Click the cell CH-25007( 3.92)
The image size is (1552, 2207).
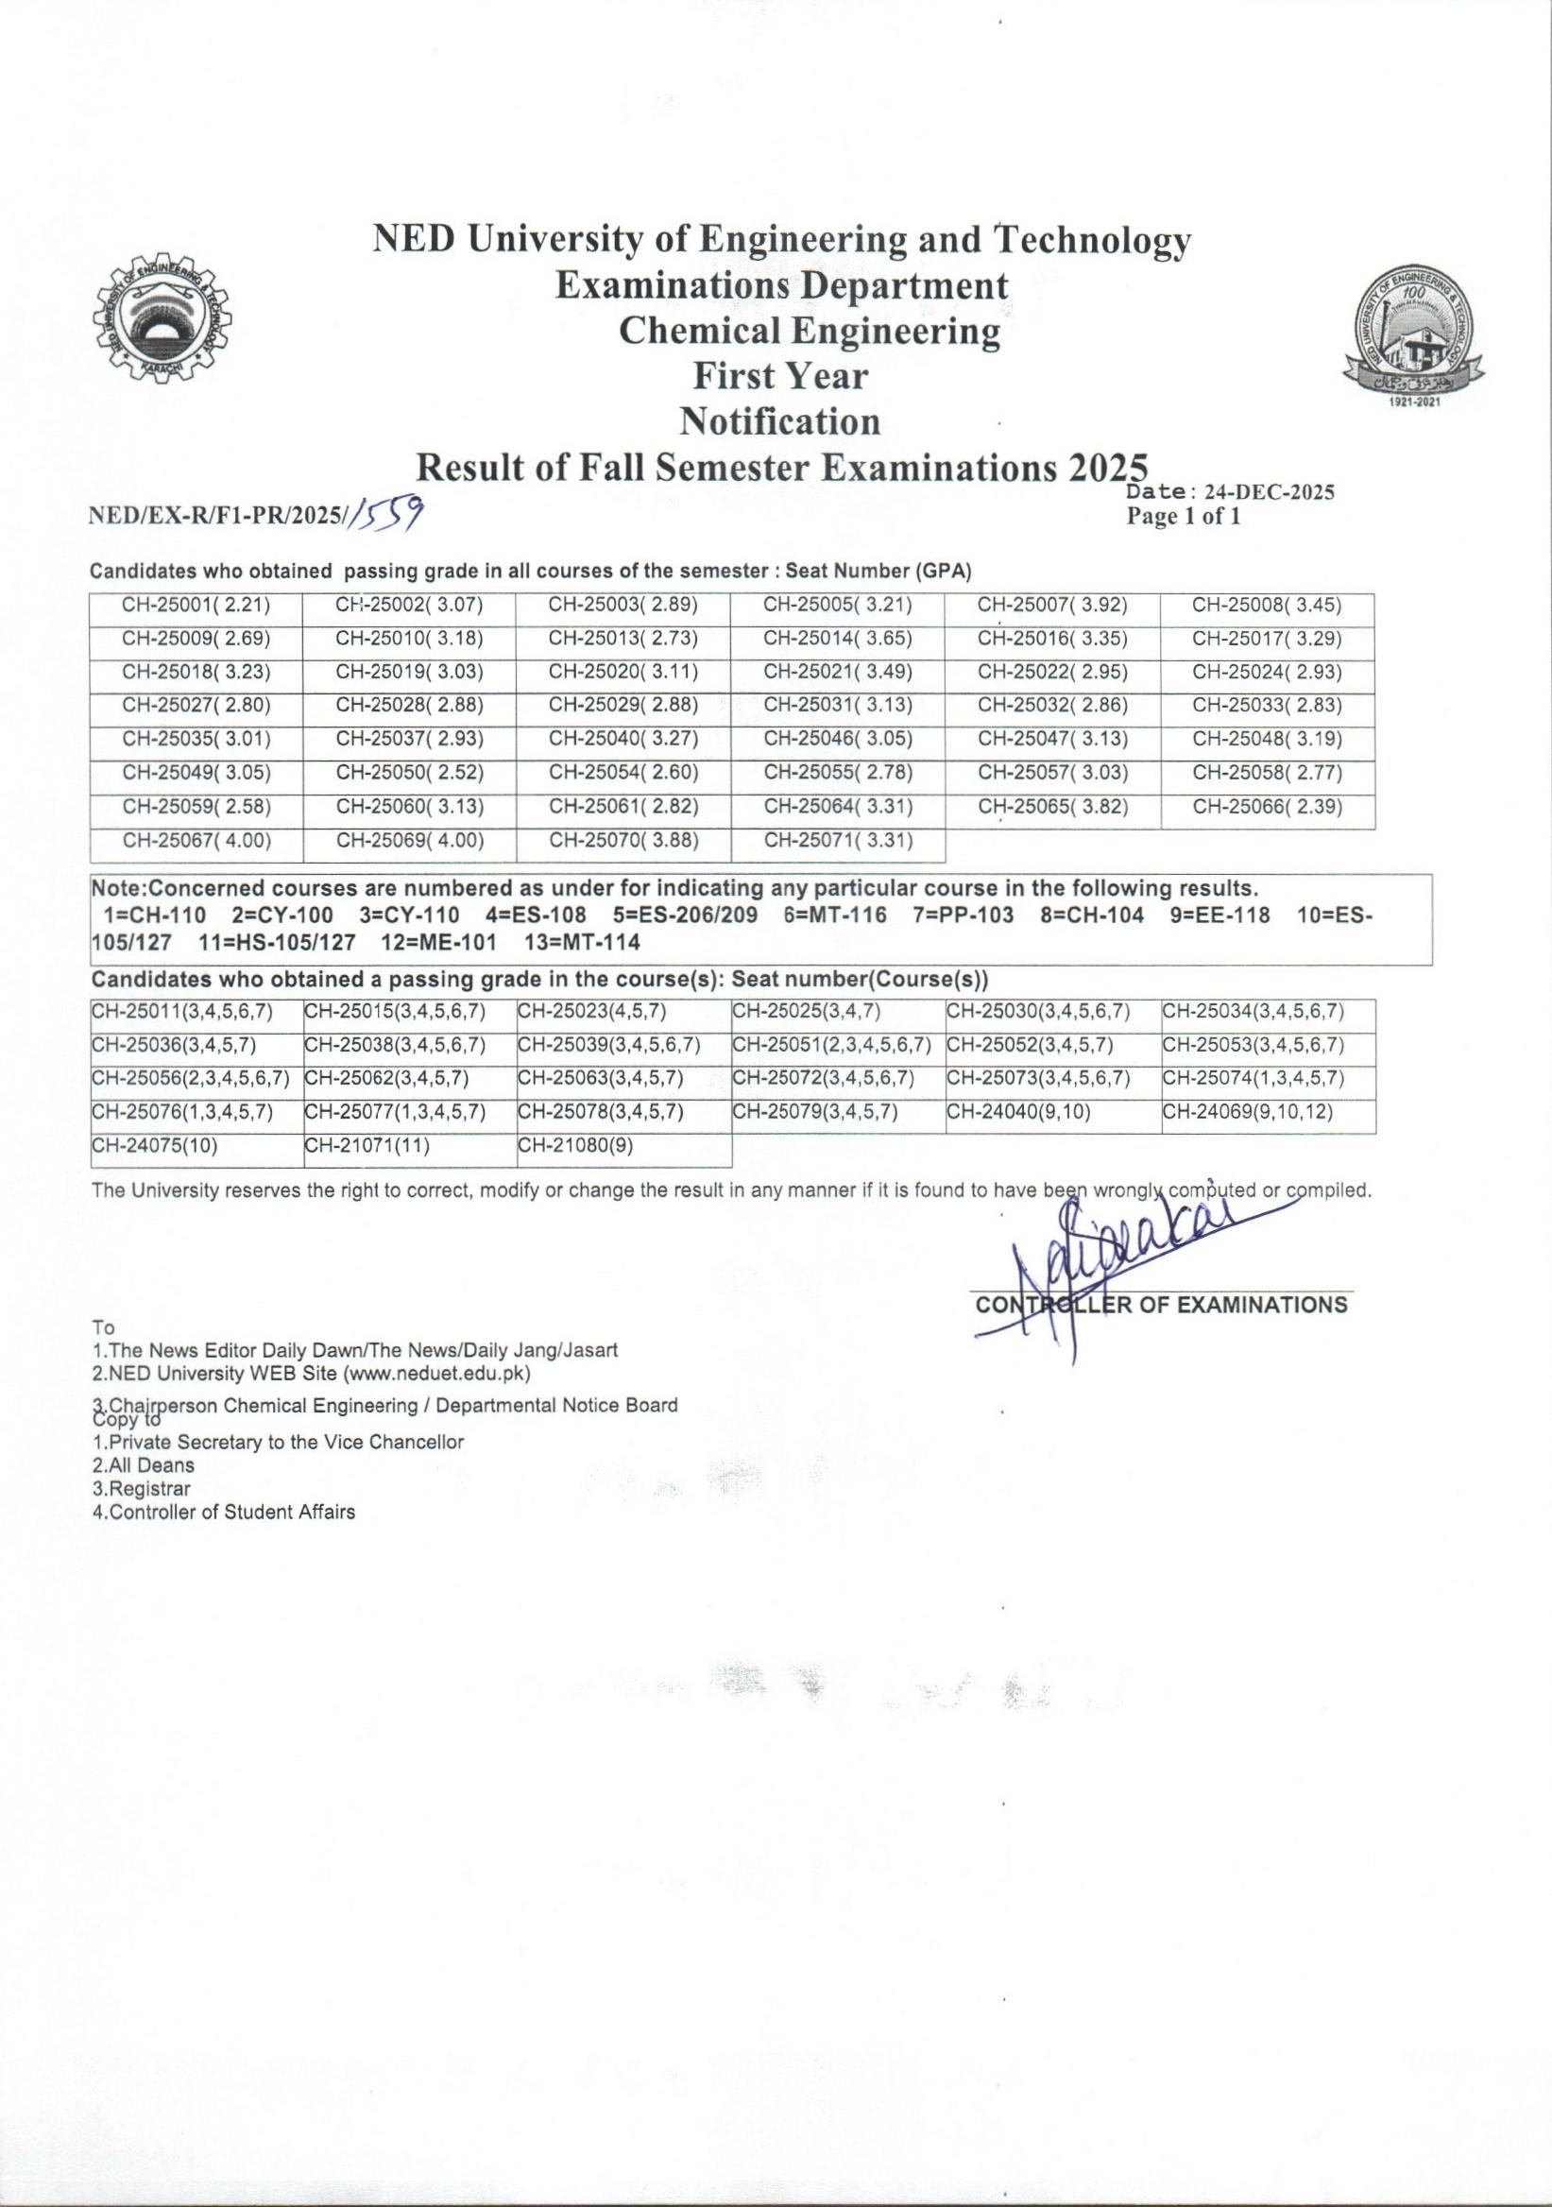(1051, 606)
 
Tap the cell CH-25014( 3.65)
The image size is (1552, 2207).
(837, 640)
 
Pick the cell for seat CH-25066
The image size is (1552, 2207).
(1267, 808)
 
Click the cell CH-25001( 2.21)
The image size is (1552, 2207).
(196, 606)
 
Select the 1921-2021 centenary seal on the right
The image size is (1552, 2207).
(1419, 336)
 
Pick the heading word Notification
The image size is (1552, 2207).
(779, 421)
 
